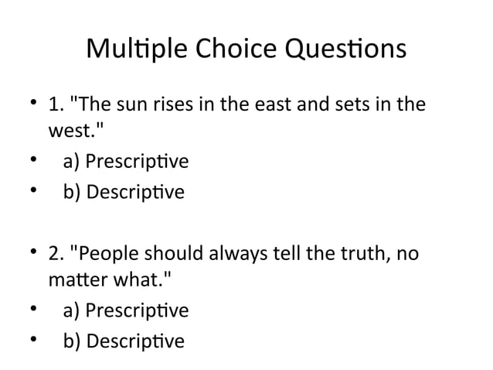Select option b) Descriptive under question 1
coord(123,191)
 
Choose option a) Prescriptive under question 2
coord(124,311)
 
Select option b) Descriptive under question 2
coord(123,341)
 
